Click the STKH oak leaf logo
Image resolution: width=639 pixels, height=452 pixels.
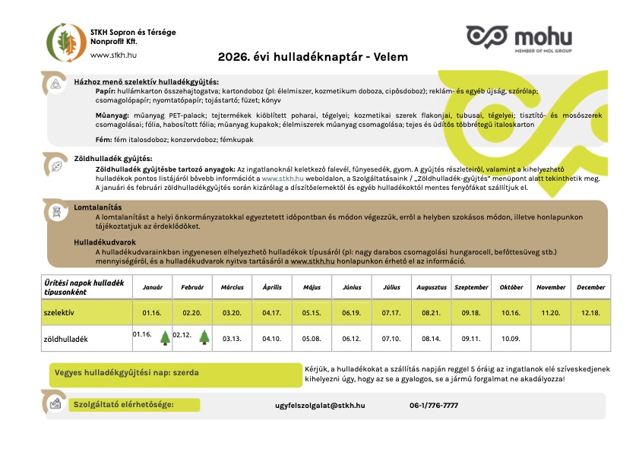pyautogui.click(x=66, y=42)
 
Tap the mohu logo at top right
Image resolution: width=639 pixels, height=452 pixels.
pyautogui.click(x=519, y=38)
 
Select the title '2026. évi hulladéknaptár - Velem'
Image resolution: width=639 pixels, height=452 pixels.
pyautogui.click(x=313, y=57)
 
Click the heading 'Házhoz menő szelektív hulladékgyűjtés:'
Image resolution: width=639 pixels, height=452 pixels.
pyautogui.click(x=146, y=81)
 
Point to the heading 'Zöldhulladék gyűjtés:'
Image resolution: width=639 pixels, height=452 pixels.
pyautogui.click(x=112, y=158)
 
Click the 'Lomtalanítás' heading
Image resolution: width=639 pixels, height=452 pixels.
pyautogui.click(x=98, y=207)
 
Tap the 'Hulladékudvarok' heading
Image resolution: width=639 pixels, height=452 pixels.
pyautogui.click(x=105, y=241)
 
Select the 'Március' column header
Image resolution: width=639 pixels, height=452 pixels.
pyautogui.click(x=232, y=288)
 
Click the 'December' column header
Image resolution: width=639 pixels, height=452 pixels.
pyautogui.click(x=590, y=288)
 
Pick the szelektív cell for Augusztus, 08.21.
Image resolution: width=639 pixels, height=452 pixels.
pyautogui.click(x=431, y=312)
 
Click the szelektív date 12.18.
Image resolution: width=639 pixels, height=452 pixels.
pyautogui.click(x=590, y=312)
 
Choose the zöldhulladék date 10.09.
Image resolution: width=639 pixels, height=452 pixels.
pyautogui.click(x=511, y=339)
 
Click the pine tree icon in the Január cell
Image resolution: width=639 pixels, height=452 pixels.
pyautogui.click(x=164, y=338)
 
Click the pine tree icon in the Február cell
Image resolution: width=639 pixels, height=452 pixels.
pyautogui.click(x=204, y=338)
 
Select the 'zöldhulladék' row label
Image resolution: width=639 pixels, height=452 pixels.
pyautogui.click(x=67, y=339)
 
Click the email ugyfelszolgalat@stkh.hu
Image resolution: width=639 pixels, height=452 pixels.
pyautogui.click(x=320, y=406)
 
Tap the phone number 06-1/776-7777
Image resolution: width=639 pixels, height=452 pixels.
pyautogui.click(x=434, y=406)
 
